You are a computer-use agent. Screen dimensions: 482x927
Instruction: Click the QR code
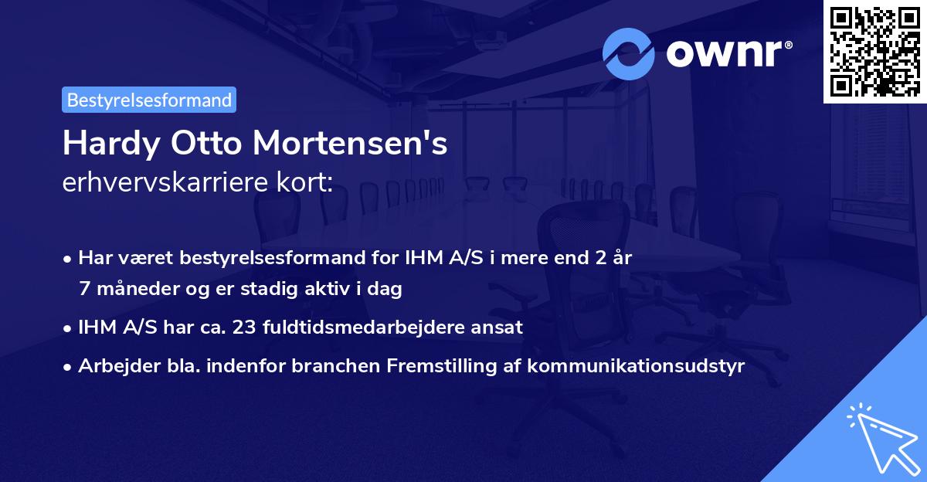point(874,52)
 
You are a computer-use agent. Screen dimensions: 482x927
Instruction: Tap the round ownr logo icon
point(629,54)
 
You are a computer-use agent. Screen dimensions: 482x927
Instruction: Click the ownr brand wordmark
point(728,54)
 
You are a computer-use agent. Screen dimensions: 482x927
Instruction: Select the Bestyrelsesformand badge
point(149,100)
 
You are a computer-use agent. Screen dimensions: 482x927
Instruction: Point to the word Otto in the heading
point(204,144)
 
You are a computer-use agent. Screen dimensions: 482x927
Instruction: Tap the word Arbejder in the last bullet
point(114,365)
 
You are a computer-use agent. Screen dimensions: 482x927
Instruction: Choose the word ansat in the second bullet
point(499,327)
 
